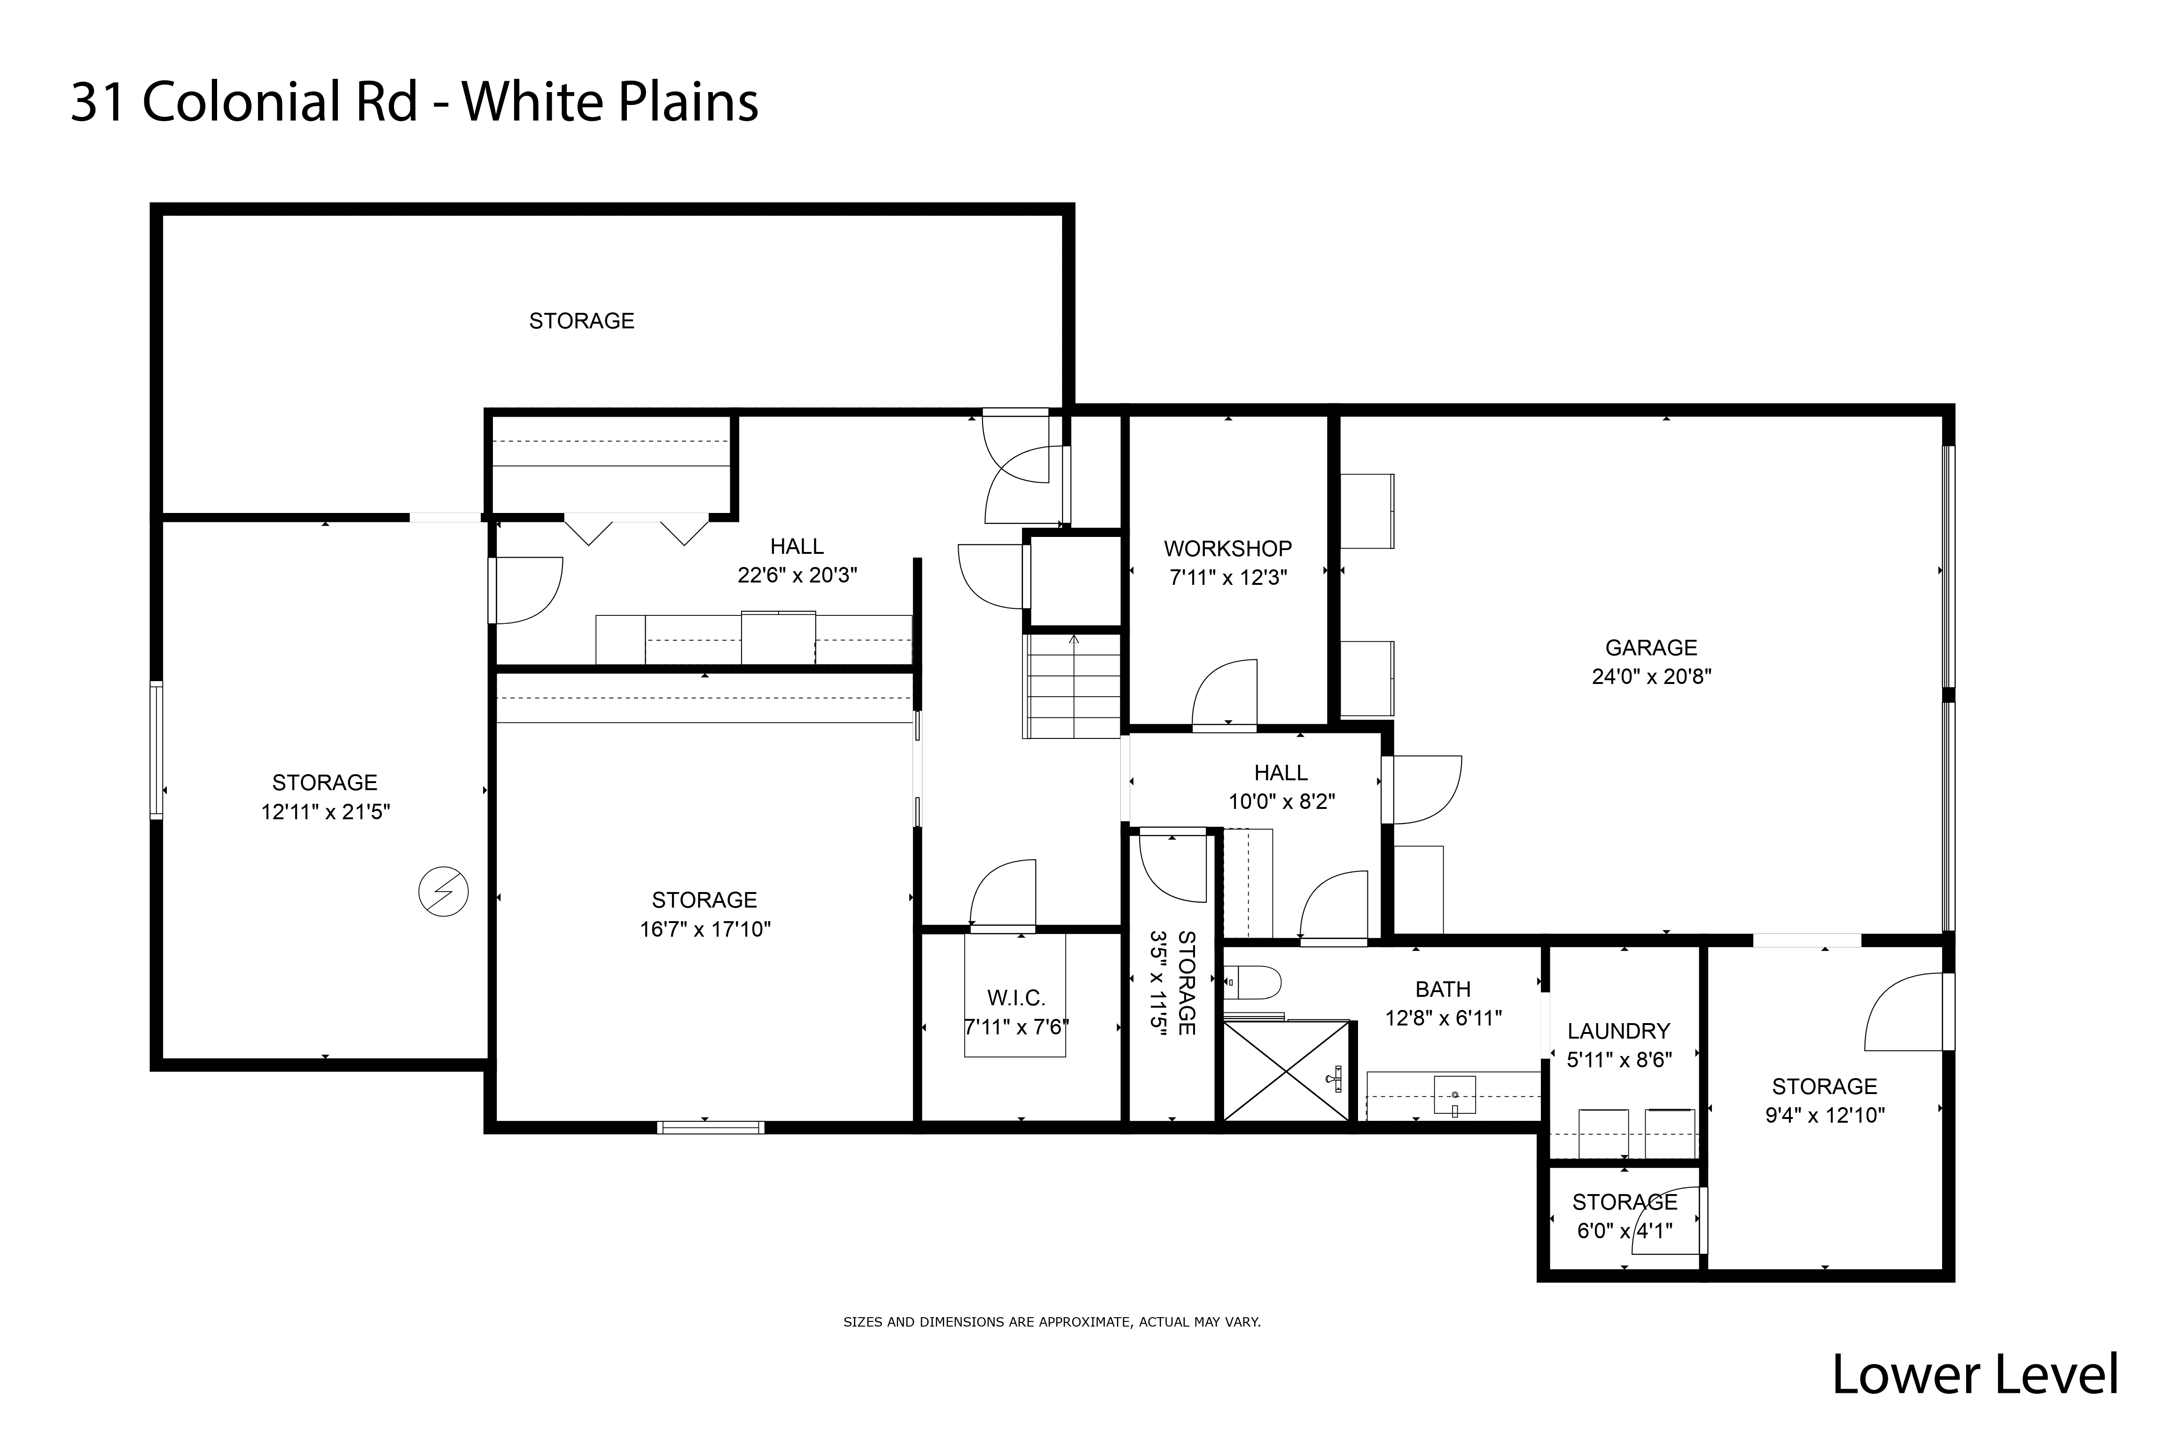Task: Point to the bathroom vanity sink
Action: tap(1454, 1095)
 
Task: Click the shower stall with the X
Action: tap(1285, 1072)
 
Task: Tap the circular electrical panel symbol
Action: tap(444, 892)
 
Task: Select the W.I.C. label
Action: tap(1016, 997)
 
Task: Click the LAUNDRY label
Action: tap(1618, 1031)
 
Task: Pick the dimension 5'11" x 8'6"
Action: tap(1618, 1059)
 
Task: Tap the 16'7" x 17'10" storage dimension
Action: tap(705, 929)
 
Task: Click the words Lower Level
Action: tap(1974, 1375)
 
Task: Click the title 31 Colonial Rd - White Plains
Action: tap(414, 101)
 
